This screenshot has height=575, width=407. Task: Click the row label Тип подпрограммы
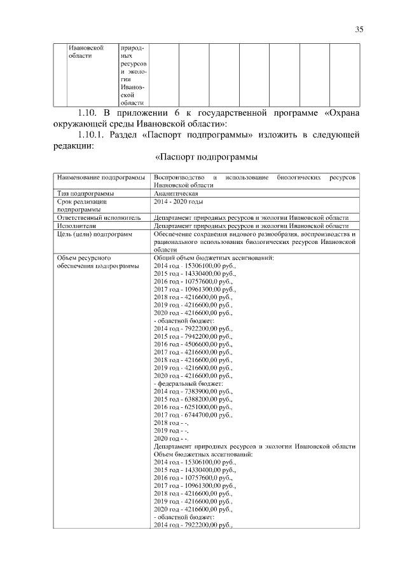click(86, 193)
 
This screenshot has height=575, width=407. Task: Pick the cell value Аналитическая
click(176, 193)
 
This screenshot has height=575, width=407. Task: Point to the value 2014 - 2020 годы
click(179, 201)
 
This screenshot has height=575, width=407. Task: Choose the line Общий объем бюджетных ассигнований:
click(214, 259)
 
